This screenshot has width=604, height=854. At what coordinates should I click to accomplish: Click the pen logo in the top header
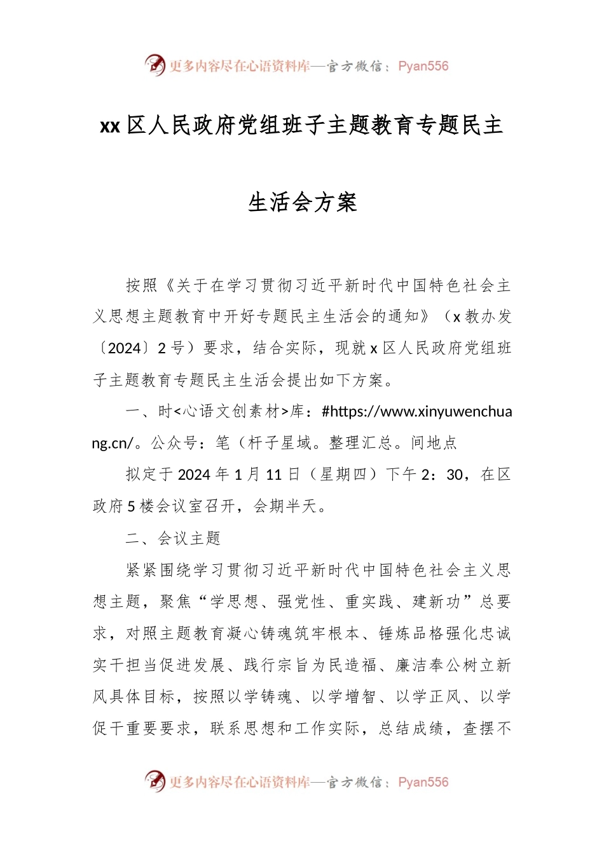155,65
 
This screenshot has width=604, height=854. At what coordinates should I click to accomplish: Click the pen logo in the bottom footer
155,781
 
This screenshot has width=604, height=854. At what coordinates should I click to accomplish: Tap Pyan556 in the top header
423,66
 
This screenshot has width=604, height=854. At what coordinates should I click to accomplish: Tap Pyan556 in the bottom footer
423,782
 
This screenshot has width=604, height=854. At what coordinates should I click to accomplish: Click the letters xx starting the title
110,126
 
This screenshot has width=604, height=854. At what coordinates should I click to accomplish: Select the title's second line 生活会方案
303,203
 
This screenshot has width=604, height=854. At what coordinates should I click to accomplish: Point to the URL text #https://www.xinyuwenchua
417,412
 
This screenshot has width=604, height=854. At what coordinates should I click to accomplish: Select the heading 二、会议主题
173,538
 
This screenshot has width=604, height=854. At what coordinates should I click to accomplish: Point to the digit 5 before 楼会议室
132,506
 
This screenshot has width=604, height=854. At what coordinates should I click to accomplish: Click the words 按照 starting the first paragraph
141,285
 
